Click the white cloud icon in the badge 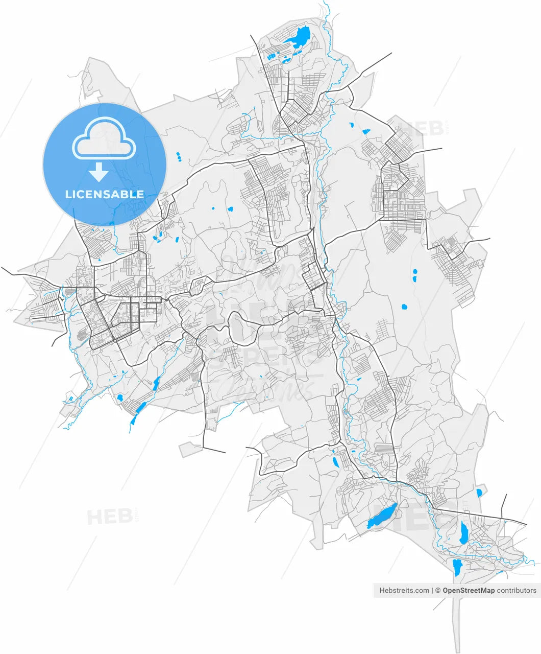(105, 139)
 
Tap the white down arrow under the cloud (99, 173)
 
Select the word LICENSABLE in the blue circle (105, 194)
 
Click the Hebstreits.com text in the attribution (404, 591)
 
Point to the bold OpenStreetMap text (468, 591)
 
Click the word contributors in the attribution (517, 591)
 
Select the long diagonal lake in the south (382, 517)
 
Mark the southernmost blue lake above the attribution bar (457, 567)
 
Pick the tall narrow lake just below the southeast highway (463, 533)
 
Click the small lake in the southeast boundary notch (479, 493)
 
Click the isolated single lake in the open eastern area (404, 307)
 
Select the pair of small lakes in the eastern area (414, 276)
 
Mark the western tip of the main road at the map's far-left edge (3, 268)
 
